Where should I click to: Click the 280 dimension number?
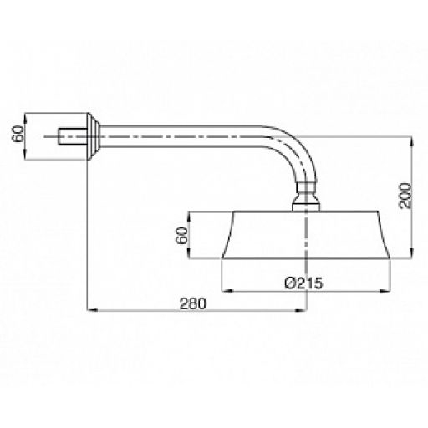[193, 303]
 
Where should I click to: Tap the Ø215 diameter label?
[303, 283]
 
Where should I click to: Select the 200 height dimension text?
[405, 196]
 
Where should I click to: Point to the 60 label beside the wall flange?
[18, 134]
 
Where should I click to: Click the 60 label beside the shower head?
[182, 236]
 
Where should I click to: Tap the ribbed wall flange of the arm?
[94, 136]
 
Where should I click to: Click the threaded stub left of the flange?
[73, 136]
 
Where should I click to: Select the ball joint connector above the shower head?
[306, 196]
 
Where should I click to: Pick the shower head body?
[306, 235]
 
